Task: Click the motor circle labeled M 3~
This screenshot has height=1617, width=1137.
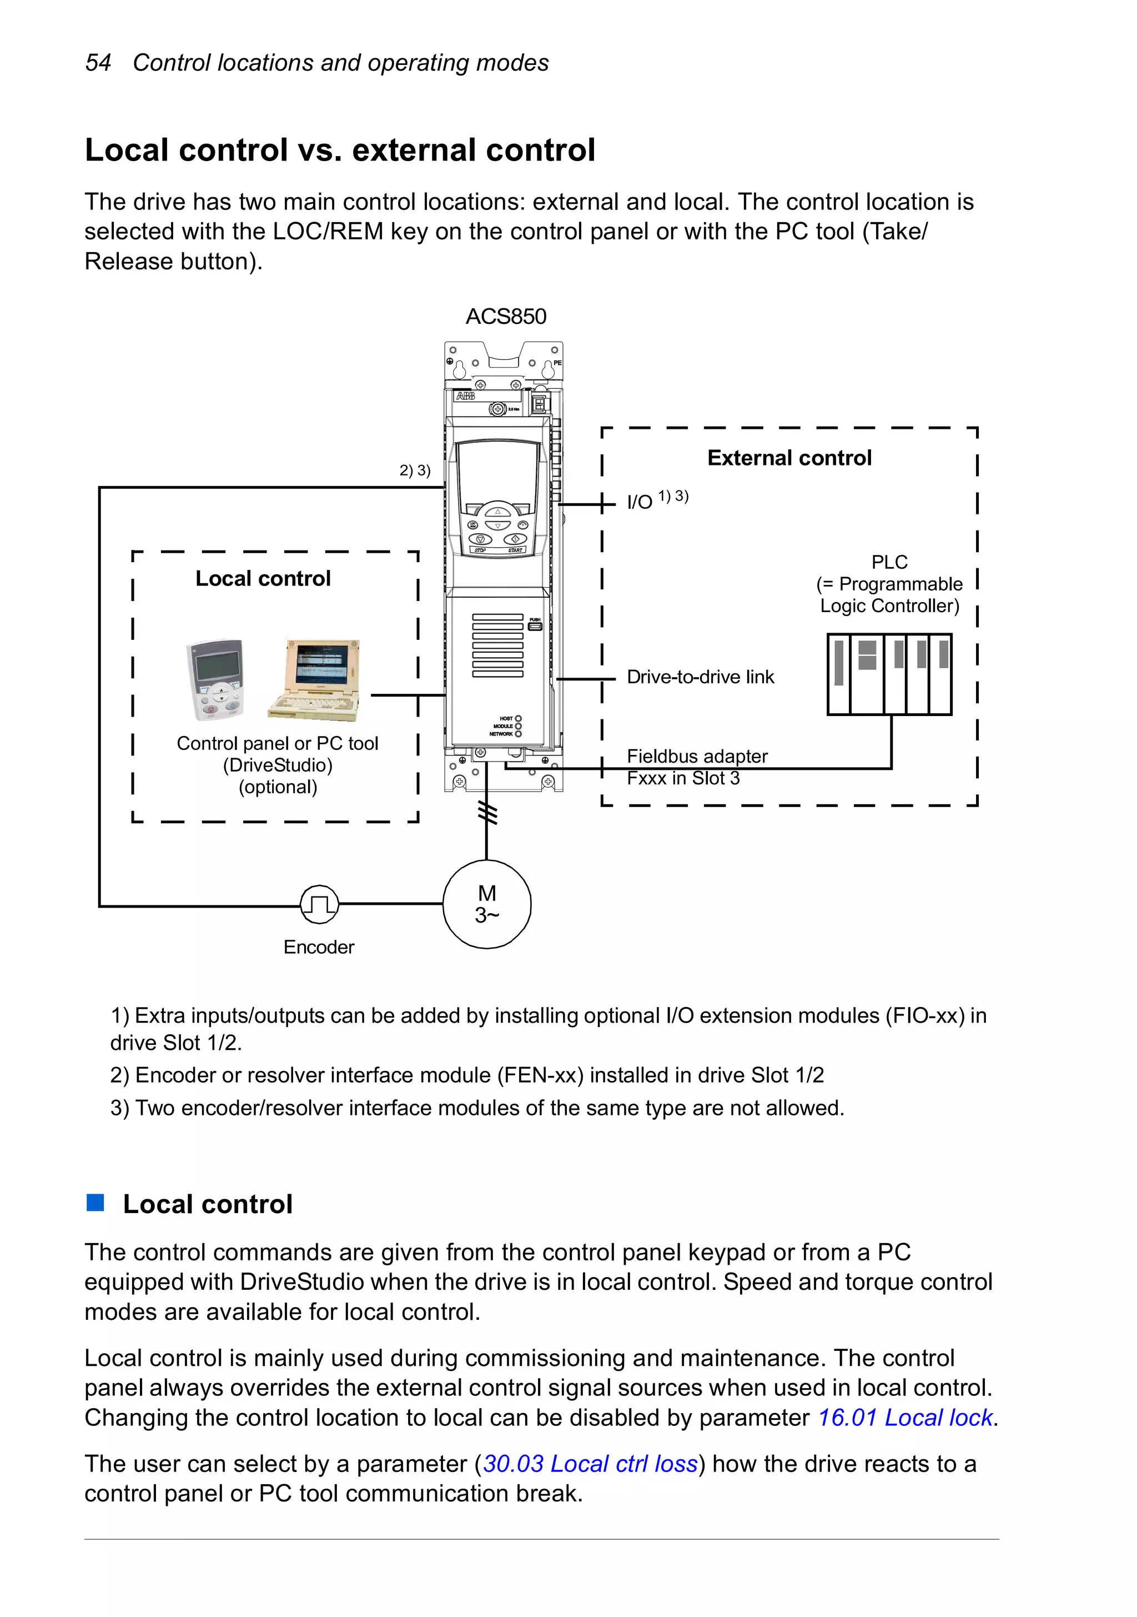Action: coord(486,904)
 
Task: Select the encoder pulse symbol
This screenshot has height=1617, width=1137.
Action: coord(319,904)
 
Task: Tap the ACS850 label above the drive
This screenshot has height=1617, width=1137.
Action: coord(506,316)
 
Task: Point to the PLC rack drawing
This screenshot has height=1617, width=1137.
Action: coord(889,674)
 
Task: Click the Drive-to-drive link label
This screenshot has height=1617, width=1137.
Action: coord(700,677)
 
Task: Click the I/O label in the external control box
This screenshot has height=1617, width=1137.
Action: coord(639,502)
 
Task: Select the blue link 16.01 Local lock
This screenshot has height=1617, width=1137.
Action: coord(905,1417)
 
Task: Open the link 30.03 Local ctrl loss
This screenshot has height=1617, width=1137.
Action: coord(590,1464)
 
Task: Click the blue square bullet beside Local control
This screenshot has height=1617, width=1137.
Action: coord(95,1202)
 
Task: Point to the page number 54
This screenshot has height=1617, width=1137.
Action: coord(98,63)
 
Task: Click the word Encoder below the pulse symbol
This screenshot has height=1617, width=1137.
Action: coord(319,947)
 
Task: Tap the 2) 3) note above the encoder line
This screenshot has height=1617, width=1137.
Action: coord(415,470)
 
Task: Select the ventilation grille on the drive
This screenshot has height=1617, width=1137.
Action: coord(498,645)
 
